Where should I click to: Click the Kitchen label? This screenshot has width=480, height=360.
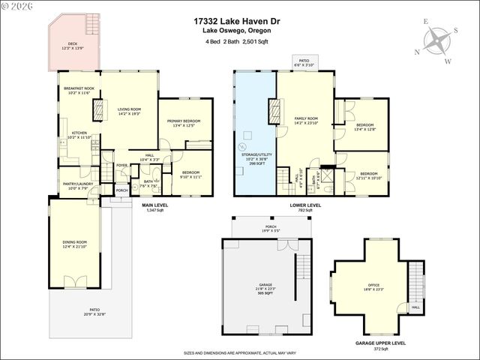79,135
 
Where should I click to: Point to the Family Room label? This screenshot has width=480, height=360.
306,121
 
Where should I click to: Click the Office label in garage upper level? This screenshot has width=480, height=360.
373,286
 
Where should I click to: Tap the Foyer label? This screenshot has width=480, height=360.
122,166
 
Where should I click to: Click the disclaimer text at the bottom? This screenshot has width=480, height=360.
239,352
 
